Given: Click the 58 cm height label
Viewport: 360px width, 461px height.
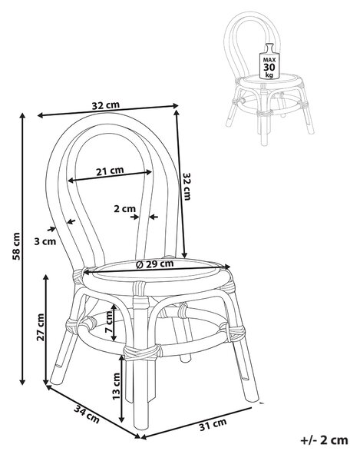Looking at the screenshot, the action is coord(17,246).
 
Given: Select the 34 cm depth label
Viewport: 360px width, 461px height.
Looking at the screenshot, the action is coord(86,413).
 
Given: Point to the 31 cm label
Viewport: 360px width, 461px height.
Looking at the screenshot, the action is coord(213,424).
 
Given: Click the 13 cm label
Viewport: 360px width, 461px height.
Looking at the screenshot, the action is coord(116,386).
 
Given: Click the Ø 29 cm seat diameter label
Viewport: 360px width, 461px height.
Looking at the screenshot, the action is coord(155,264).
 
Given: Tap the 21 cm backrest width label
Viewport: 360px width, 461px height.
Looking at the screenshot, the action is coord(110,171).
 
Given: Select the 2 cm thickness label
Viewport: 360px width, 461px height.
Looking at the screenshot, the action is coord(125,209).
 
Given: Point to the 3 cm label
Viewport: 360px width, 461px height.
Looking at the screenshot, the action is coord(45,241).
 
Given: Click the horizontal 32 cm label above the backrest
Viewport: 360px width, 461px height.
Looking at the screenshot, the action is coord(106,105).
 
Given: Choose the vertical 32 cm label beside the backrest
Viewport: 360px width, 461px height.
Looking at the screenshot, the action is coord(187,186).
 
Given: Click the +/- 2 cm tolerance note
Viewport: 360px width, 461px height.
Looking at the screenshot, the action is coord(325,440).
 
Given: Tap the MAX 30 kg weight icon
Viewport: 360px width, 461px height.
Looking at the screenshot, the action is coord(269,61).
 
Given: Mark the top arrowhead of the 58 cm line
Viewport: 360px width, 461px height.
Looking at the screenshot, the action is coord(22,115).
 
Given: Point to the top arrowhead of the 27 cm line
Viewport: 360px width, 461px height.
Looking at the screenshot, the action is coord(46,278).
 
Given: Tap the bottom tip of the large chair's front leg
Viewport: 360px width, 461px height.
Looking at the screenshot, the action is coord(141,428).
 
